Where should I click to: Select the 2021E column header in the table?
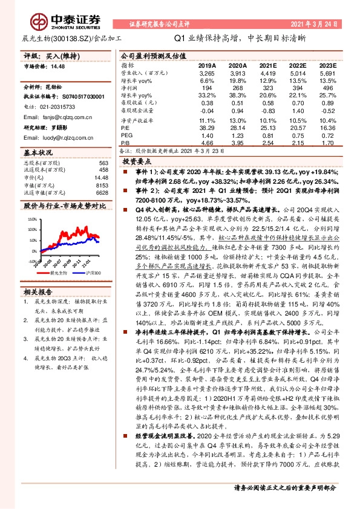267,65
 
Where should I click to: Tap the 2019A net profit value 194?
208,88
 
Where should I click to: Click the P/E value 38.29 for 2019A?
206,128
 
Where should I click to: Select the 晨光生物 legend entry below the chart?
61,273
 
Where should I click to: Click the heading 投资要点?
136,163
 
